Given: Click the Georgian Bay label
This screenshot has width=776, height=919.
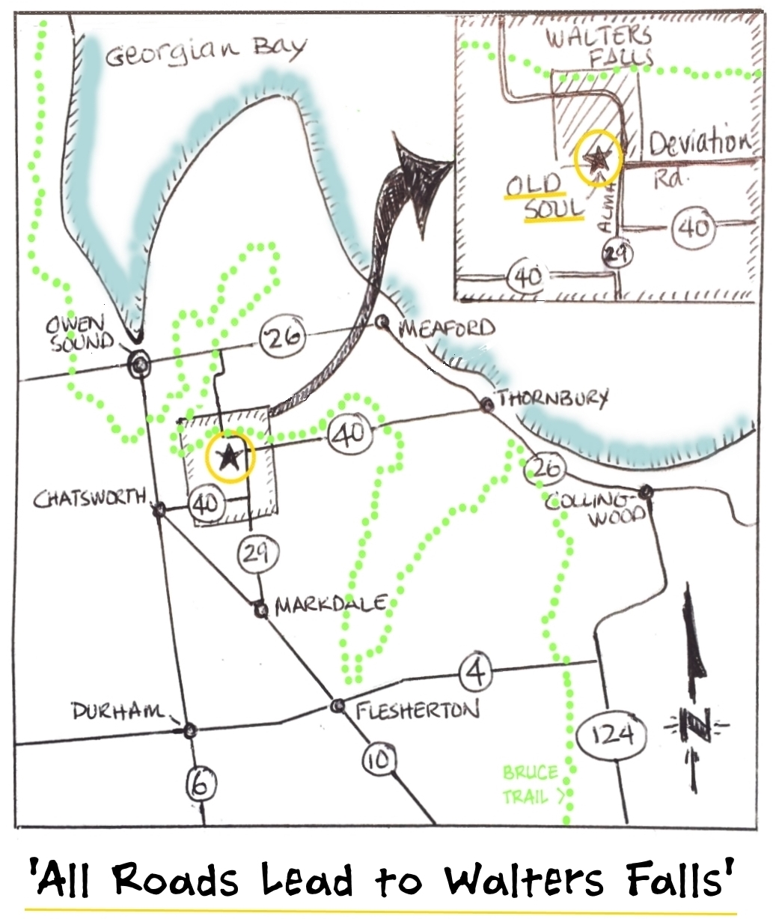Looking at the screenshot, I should click(206, 51).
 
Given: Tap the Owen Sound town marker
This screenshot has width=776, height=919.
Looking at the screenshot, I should click(139, 364).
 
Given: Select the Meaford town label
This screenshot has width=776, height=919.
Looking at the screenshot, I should click(447, 328).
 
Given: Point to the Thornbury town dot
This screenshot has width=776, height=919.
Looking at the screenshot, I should click(487, 404).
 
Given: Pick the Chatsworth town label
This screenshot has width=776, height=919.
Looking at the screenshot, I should click(89, 498).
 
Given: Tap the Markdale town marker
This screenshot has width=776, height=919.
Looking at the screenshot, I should click(260, 610).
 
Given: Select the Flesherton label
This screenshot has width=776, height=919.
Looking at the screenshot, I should click(416, 710).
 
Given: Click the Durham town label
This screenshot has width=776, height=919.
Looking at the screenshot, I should click(118, 712).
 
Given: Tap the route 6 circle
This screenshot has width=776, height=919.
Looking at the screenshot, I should click(201, 784).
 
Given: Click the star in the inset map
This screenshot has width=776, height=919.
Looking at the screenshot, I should click(598, 158).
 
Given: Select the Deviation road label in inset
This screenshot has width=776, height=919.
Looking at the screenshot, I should click(698, 143).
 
